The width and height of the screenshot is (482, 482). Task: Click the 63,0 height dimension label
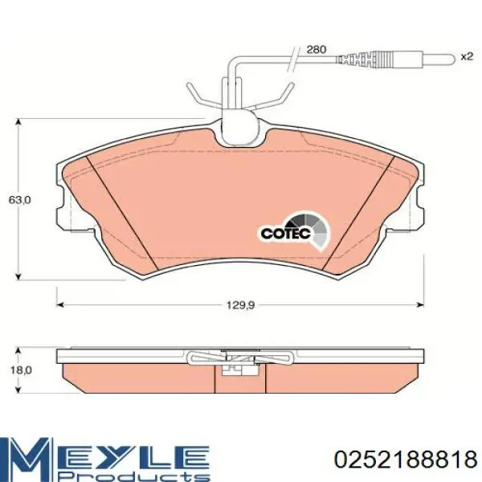pyautogui.click(x=19, y=200)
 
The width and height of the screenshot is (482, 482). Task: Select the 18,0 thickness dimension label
pyautogui.click(x=21, y=370)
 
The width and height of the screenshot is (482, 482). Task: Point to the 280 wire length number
pyautogui.click(x=317, y=49)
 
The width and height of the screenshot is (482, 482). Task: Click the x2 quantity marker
pyautogui.click(x=467, y=56)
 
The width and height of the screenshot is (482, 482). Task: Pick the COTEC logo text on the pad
pyautogui.click(x=281, y=233)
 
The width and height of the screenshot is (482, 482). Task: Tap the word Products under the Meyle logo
pyautogui.click(x=133, y=475)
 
